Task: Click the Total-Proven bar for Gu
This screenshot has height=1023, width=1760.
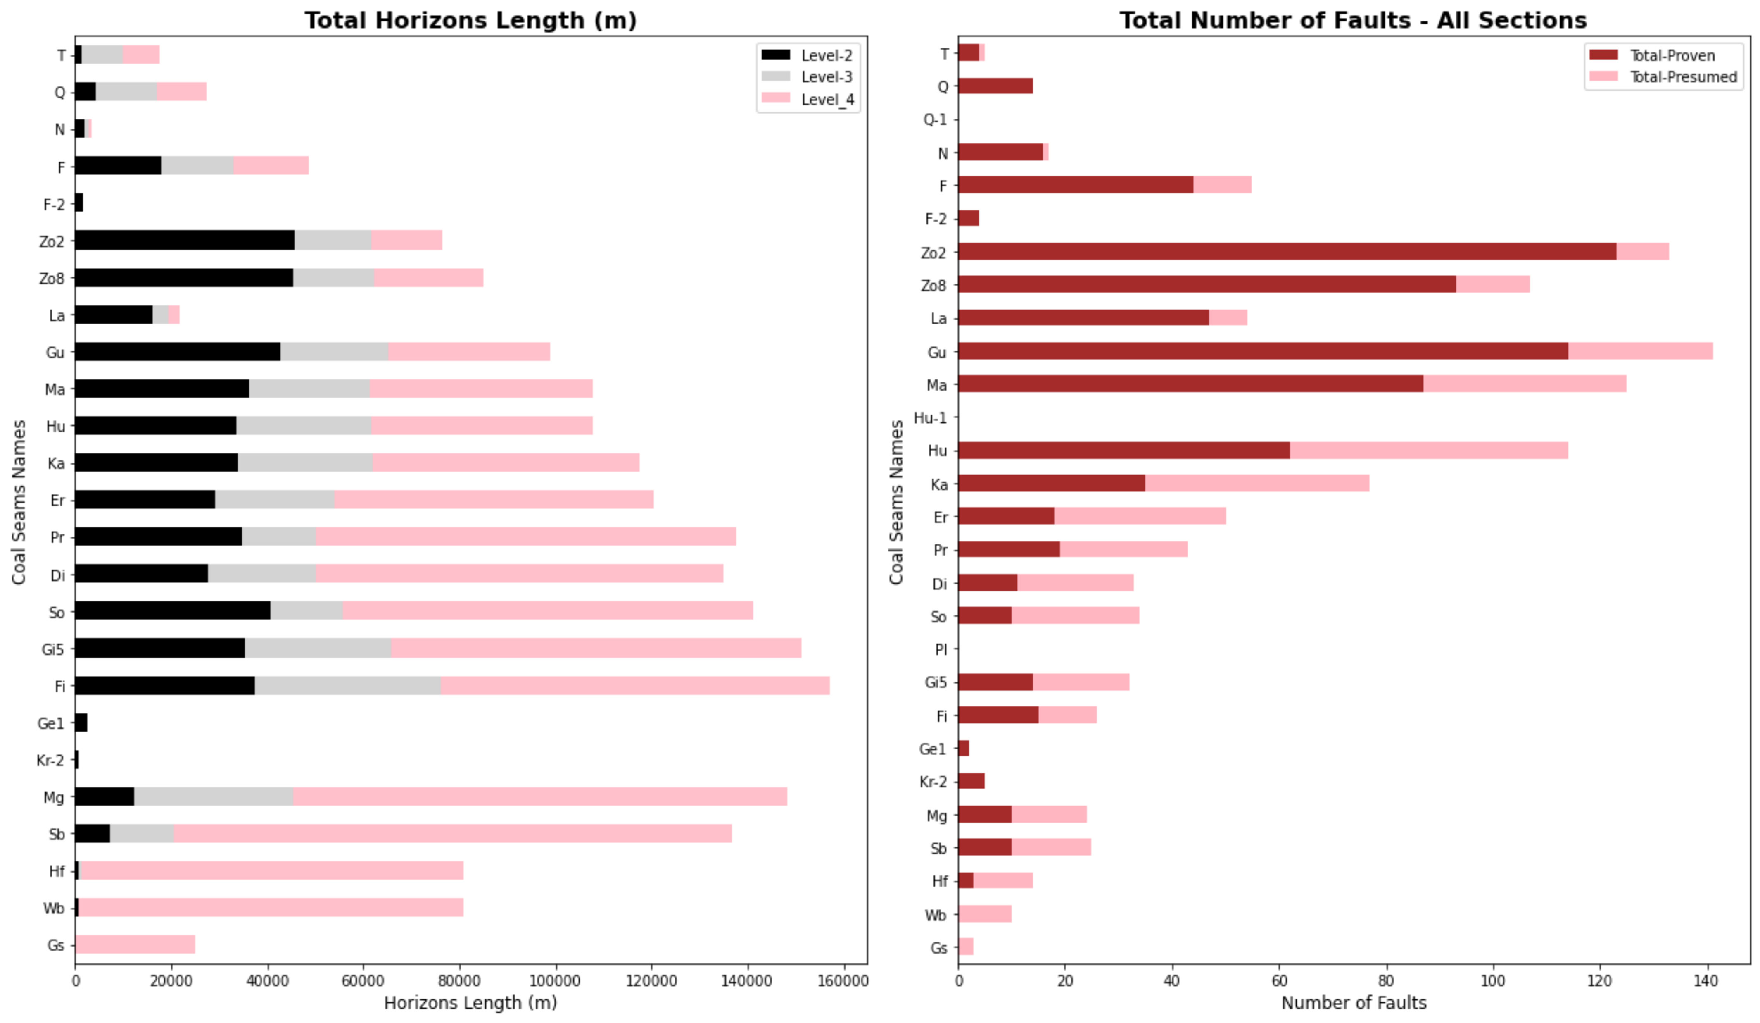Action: (x=1263, y=351)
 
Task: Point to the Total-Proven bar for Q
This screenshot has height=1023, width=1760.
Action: (x=995, y=86)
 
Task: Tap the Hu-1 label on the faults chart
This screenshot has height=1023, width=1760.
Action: (x=930, y=418)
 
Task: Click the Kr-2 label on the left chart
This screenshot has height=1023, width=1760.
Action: (x=50, y=760)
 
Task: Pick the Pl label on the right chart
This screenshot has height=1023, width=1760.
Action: (x=941, y=649)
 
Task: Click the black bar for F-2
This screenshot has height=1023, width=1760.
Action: (x=79, y=203)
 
